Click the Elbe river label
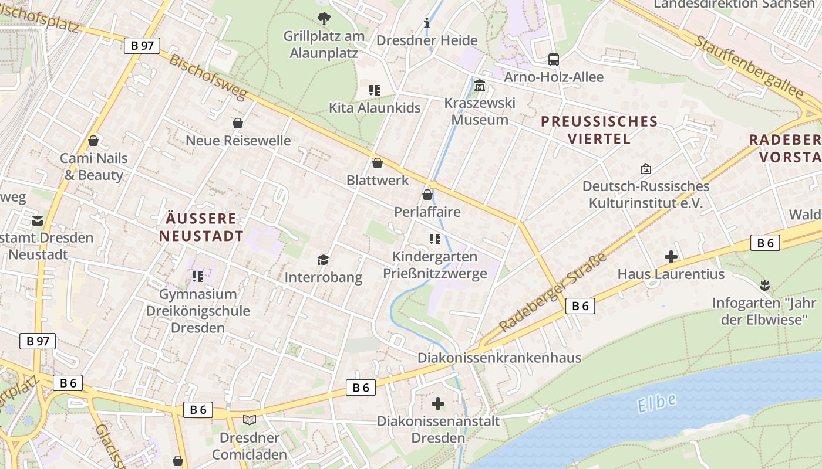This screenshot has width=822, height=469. pyautogui.click(x=656, y=403)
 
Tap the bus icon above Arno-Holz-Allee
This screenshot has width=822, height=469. pyautogui.click(x=553, y=59)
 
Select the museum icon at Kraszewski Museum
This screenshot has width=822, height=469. pyautogui.click(x=480, y=86)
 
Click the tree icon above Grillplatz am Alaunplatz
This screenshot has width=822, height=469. pyautogui.click(x=324, y=19)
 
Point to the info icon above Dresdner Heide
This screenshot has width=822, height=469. pyautogui.click(x=427, y=23)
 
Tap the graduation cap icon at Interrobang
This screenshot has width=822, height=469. pyautogui.click(x=323, y=260)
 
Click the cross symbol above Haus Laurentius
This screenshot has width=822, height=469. pyautogui.click(x=671, y=257)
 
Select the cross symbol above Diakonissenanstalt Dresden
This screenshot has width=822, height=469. pyautogui.click(x=437, y=404)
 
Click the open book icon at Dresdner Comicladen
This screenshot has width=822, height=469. pyautogui.click(x=250, y=420)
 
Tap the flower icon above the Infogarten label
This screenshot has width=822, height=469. pyautogui.click(x=764, y=286)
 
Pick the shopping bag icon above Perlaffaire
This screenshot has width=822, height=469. pyautogui.click(x=427, y=195)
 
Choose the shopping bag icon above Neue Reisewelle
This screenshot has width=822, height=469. pyautogui.click(x=238, y=123)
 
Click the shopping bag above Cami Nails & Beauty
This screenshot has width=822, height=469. pyautogui.click(x=93, y=141)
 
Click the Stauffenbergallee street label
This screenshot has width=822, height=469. pyautogui.click(x=749, y=67)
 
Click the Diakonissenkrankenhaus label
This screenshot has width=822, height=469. pyautogui.click(x=499, y=358)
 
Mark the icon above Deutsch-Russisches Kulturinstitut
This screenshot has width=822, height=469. pyautogui.click(x=645, y=169)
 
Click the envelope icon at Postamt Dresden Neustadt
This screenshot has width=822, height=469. pyautogui.click(x=38, y=221)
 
